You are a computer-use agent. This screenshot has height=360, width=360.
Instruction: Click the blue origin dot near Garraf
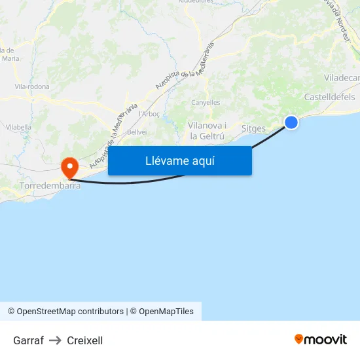(291, 122)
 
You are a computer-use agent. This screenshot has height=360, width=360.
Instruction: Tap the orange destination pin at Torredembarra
(69, 168)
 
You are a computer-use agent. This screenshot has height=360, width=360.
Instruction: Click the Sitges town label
(253, 128)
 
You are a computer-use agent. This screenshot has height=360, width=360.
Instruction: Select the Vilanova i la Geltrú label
(207, 131)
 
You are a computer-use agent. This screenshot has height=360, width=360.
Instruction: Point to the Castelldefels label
(329, 97)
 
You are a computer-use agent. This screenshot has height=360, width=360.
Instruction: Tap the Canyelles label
(205, 102)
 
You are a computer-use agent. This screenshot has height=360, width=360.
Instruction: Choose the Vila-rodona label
(29, 86)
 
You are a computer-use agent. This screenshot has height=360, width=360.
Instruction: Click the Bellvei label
(137, 132)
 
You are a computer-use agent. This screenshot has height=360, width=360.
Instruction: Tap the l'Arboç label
(150, 114)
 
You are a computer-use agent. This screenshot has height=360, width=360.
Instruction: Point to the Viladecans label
(341, 77)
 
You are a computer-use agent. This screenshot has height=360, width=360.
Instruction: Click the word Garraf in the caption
(28, 340)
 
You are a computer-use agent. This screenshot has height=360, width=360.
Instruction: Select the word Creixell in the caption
(84, 340)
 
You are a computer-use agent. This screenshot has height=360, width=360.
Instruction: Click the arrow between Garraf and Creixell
(55, 340)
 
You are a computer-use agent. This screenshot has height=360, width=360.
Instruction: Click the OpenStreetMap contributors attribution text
(70, 312)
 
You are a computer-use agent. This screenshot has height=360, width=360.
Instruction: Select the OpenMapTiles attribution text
(166, 312)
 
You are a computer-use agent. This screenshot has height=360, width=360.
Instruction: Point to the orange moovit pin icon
(299, 339)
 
